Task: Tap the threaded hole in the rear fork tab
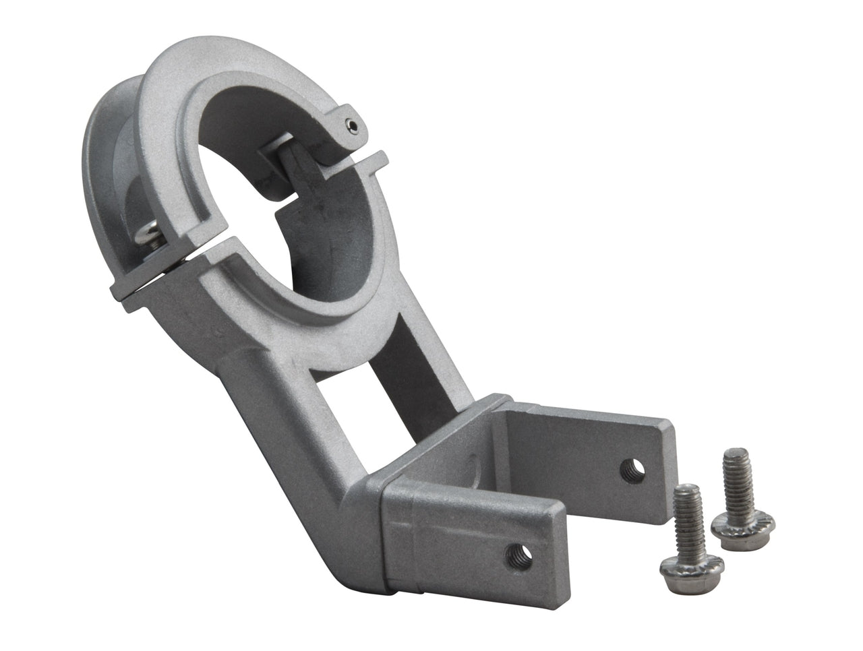(x=632, y=468)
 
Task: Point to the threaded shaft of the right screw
(x=733, y=475)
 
